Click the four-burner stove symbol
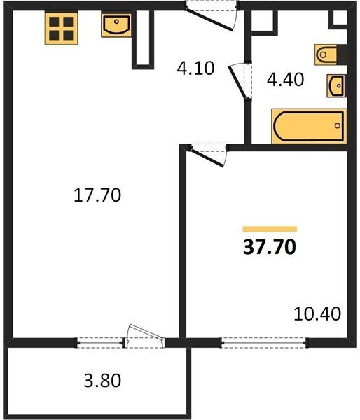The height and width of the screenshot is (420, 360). pyautogui.click(x=61, y=28)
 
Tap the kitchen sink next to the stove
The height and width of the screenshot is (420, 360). pyautogui.click(x=116, y=25)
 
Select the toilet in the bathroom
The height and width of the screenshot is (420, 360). pyautogui.click(x=326, y=55)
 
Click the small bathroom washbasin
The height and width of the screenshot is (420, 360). pyautogui.click(x=336, y=85)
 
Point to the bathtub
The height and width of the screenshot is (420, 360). pyautogui.click(x=309, y=126)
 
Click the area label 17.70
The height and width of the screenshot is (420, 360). pyautogui.click(x=97, y=195)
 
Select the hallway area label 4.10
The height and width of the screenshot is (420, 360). pyautogui.click(x=195, y=69)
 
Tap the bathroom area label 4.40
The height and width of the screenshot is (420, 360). pyautogui.click(x=285, y=80)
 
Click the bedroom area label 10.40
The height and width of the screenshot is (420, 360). pyautogui.click(x=317, y=314)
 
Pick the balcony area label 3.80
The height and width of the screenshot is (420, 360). pyautogui.click(x=102, y=381)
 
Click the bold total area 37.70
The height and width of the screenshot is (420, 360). pyautogui.click(x=270, y=247)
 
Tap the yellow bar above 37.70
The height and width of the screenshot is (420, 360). pyautogui.click(x=270, y=229)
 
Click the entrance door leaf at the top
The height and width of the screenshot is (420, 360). pyautogui.click(x=209, y=20)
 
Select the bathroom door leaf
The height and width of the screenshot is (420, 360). pyautogui.click(x=237, y=82)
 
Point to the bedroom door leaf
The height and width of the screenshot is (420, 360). pyautogui.click(x=207, y=158)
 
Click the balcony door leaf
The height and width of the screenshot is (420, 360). pyautogui.click(x=146, y=332)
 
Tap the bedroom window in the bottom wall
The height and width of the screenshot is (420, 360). pyautogui.click(x=264, y=342)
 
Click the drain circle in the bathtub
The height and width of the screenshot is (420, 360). pyautogui.click(x=338, y=125)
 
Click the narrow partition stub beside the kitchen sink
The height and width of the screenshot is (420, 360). pyautogui.click(x=143, y=39)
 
